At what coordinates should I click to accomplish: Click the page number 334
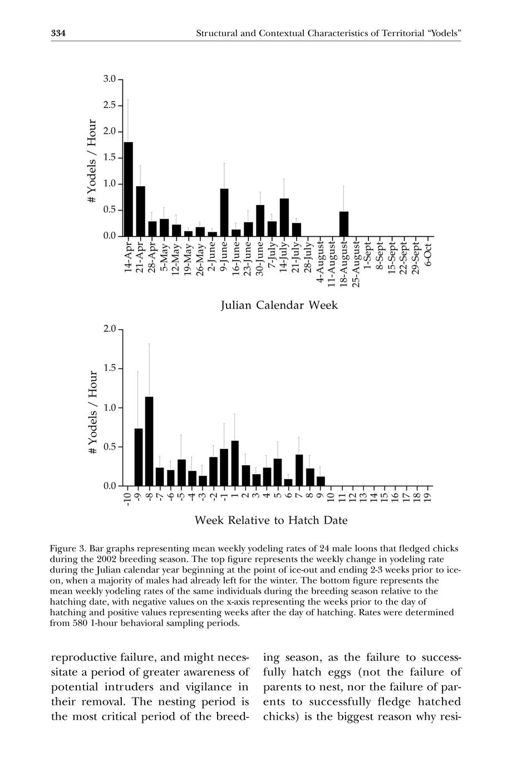(58, 34)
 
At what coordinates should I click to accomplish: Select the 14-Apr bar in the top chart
(128, 189)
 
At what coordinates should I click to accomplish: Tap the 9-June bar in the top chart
(224, 212)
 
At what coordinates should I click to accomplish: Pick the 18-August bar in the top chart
(343, 223)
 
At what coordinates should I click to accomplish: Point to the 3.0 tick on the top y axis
(110, 79)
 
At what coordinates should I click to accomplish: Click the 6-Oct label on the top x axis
(428, 254)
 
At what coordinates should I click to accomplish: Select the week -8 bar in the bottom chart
(149, 441)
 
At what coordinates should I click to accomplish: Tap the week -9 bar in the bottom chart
(138, 457)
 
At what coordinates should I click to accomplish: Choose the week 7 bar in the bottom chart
(299, 470)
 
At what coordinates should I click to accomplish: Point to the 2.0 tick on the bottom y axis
(110, 328)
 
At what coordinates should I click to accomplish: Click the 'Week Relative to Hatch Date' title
(271, 520)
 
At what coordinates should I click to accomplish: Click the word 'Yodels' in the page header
(443, 34)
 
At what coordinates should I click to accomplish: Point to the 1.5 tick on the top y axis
(110, 157)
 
